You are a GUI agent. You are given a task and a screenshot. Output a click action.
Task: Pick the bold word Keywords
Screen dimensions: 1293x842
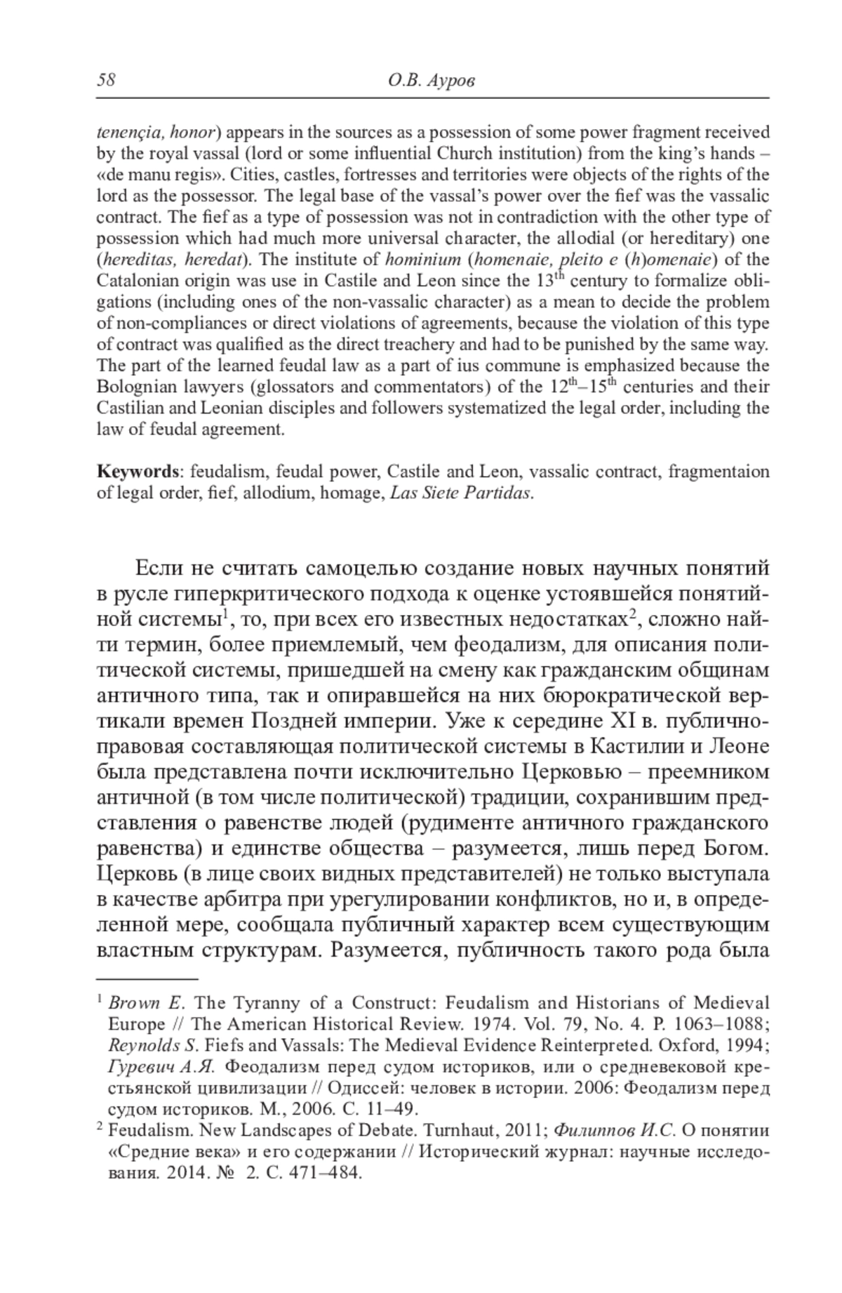139,471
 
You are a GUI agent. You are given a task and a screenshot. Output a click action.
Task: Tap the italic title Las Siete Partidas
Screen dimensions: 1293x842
460,492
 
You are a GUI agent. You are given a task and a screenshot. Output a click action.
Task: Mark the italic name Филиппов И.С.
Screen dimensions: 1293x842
615,1131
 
